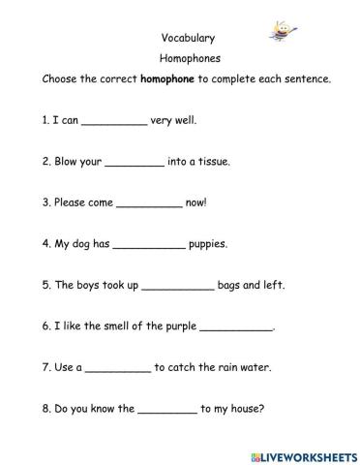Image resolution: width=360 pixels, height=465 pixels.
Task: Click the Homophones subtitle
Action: click(180, 59)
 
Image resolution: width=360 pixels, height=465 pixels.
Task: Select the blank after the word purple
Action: click(236, 327)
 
